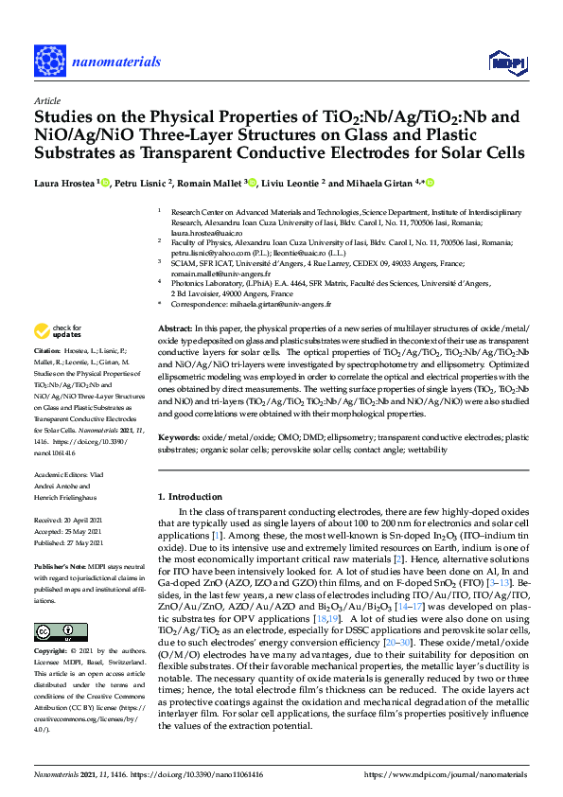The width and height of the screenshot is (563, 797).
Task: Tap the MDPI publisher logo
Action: point(505,63)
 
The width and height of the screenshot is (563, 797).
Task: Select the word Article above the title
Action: point(46,100)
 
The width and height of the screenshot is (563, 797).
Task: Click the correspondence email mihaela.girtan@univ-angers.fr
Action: point(284,306)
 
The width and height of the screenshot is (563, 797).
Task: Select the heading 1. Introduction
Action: point(191,496)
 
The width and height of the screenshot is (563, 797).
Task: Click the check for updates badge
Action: point(58,330)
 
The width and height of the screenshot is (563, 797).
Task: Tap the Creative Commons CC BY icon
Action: point(47,630)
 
